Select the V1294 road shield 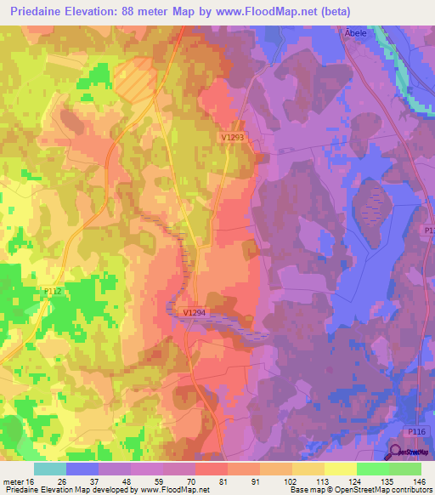tap(195, 313)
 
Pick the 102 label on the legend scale tap(291, 481)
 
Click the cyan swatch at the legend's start tap(50, 469)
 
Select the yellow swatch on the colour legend tap(340, 469)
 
